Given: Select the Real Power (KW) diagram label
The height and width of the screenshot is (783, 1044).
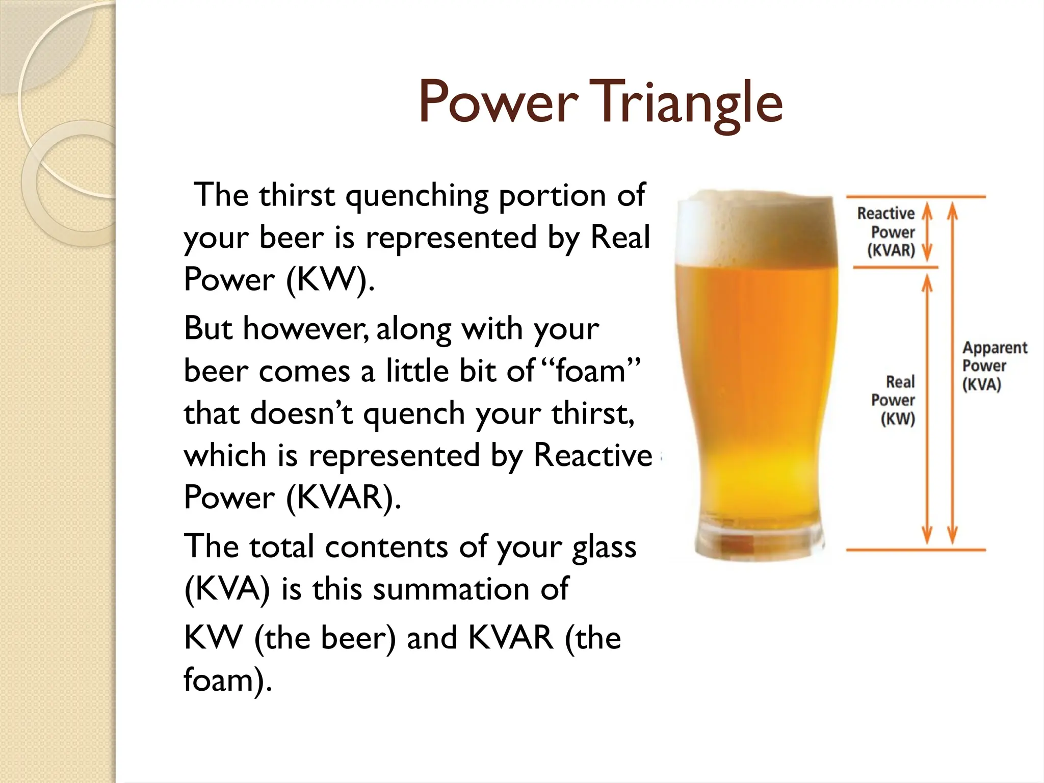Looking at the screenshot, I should pos(894,400).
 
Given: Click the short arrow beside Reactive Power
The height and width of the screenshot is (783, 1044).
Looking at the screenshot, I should pos(927,232).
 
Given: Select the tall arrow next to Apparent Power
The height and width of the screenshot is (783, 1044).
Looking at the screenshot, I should pos(952,372).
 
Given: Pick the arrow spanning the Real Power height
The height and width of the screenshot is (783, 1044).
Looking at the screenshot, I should pos(927,408).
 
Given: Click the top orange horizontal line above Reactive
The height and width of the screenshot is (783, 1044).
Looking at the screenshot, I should pos(916,196).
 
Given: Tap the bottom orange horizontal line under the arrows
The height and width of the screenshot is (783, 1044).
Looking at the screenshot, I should pos(916,550).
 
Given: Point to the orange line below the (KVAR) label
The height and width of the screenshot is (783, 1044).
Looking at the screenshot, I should pos(895,267).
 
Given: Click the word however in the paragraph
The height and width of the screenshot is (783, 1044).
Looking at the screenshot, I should pos(305,329).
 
